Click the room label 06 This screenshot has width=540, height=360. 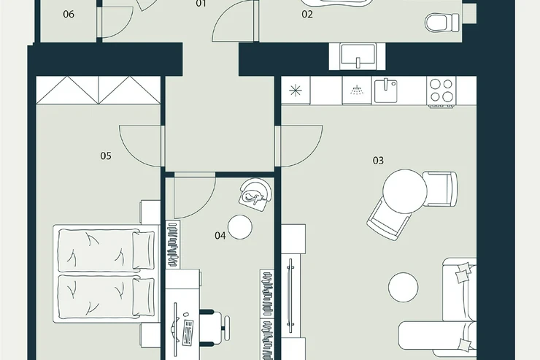69,14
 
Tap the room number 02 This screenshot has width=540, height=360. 307,14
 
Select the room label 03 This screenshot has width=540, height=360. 378,160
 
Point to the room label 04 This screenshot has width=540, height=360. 220,236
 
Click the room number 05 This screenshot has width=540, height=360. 106,156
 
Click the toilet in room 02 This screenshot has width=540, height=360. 442,23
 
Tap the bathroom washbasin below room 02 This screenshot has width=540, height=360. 358,55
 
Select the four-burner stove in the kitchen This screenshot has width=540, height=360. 441,91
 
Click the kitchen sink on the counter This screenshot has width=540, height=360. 385,91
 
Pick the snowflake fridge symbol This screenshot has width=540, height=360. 296,91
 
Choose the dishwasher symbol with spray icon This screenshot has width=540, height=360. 357,90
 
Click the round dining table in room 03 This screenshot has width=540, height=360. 405,191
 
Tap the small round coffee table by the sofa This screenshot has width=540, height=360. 404,287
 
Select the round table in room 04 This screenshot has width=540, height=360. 240,227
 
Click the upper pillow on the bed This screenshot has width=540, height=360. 143,250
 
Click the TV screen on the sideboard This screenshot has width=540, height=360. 290,296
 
